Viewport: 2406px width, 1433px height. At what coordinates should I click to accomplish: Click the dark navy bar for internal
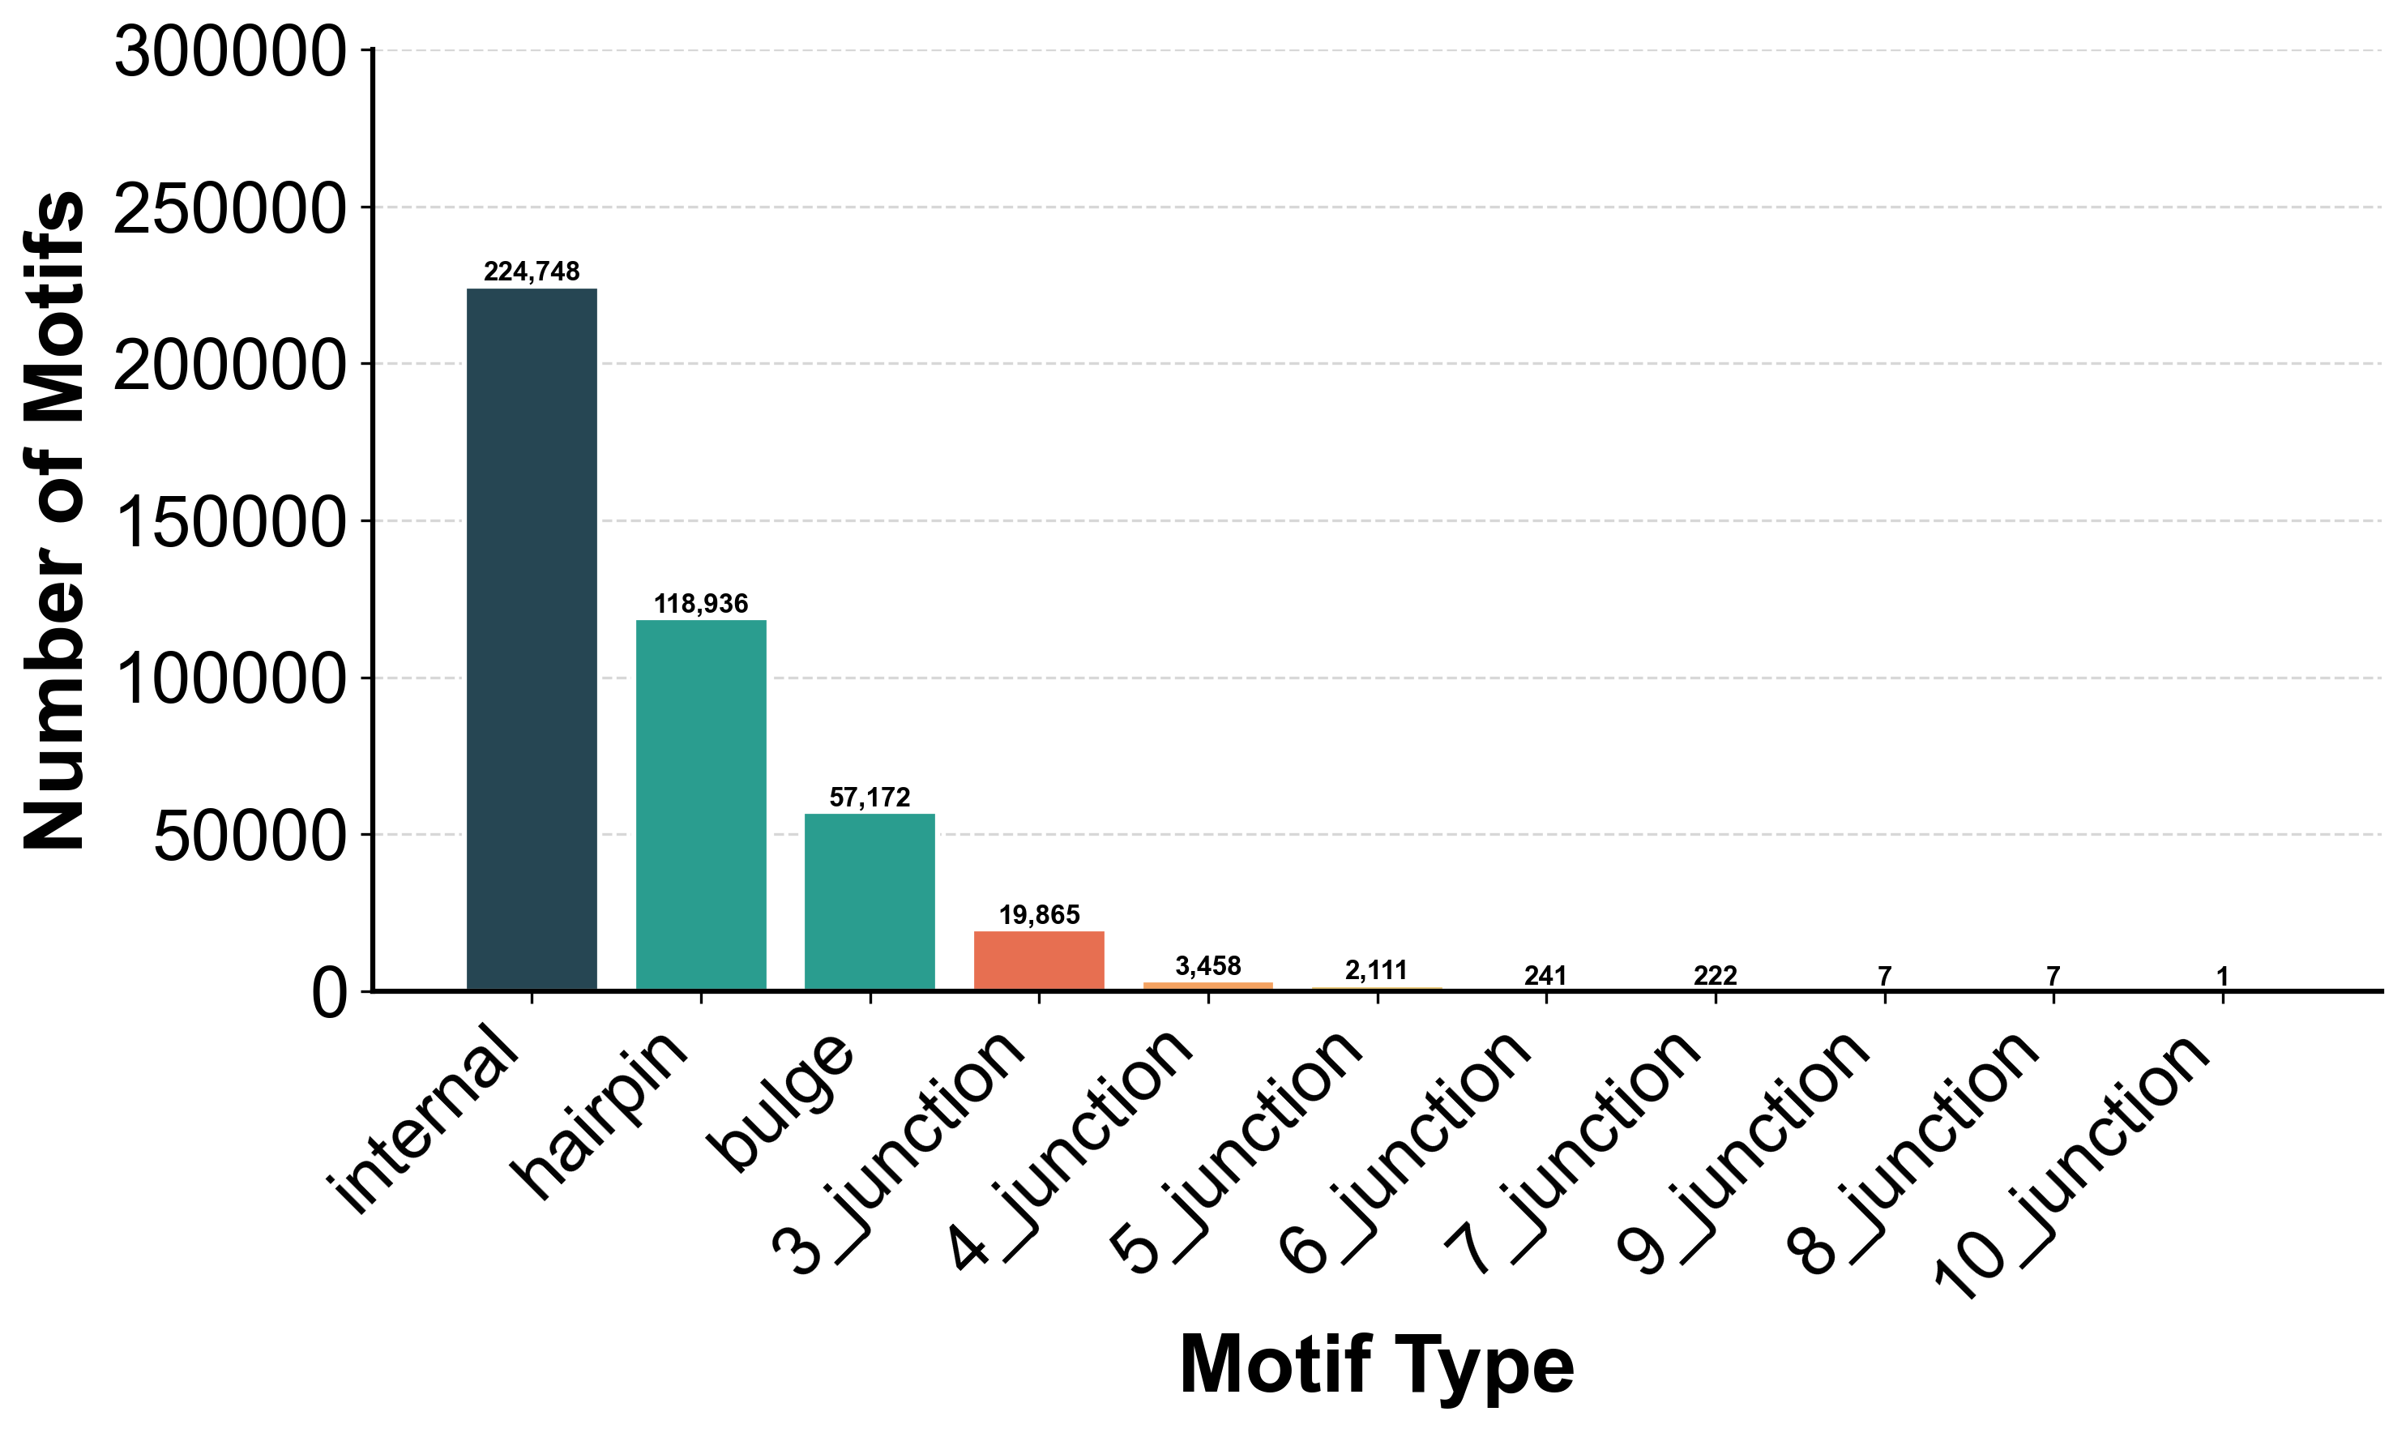532,640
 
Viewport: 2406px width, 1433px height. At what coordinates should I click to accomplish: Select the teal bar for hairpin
701,806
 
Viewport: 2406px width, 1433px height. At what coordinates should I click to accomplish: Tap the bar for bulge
870,902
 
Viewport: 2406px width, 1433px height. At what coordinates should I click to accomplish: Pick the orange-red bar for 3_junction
1039,960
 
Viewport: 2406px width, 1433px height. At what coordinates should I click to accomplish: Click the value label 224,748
532,272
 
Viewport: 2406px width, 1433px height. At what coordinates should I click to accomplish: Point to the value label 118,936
701,605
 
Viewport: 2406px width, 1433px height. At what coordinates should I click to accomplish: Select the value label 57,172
870,798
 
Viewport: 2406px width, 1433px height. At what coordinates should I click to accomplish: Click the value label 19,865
1039,915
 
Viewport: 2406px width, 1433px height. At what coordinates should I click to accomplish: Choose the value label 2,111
1377,970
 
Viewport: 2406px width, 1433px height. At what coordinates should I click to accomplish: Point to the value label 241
1545,976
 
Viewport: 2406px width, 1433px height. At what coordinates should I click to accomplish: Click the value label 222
1716,976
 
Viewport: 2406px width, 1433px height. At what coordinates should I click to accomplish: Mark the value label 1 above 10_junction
2223,976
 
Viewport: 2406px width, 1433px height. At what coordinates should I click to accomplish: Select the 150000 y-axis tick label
230,524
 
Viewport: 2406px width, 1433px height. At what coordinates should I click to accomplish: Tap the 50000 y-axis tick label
249,837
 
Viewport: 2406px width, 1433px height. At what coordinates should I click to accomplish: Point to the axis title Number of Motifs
55,521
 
